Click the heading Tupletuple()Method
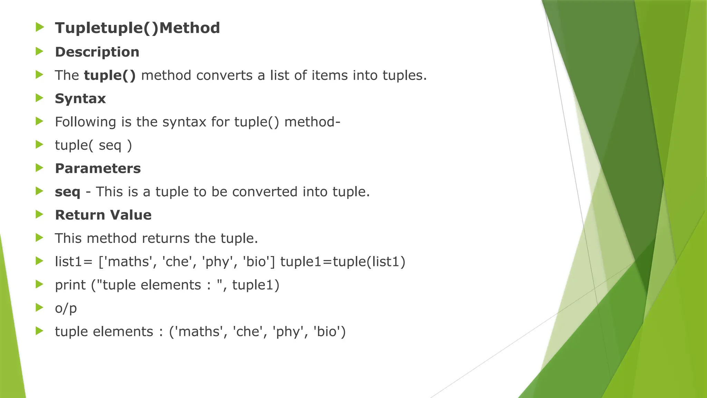[x=137, y=28]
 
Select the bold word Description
[x=97, y=52]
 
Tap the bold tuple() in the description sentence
[x=110, y=75]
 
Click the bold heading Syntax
[x=80, y=99]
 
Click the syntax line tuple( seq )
[x=93, y=145]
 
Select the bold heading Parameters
[x=98, y=169]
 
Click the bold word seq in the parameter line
[x=67, y=192]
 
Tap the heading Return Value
[x=103, y=215]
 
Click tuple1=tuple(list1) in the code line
[x=342, y=262]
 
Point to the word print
[x=70, y=285]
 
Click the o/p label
[x=66, y=308]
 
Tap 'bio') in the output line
[x=329, y=332]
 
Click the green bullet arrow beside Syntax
[x=40, y=98]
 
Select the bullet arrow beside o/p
[x=40, y=307]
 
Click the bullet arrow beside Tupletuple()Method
[x=40, y=27]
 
